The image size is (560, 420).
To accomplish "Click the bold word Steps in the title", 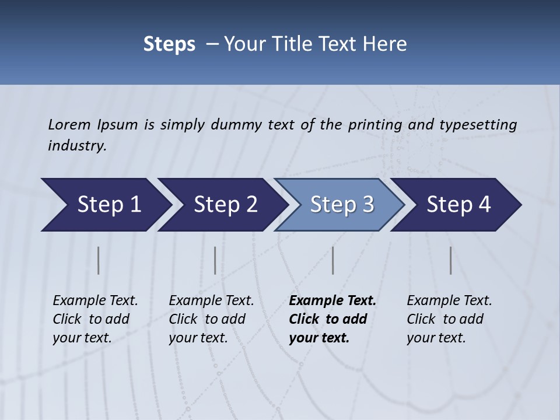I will click(x=169, y=44).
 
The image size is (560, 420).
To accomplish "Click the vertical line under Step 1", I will click(x=99, y=260).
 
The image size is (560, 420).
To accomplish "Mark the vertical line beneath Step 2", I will click(x=215, y=260).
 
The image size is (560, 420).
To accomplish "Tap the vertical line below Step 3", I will click(x=333, y=260).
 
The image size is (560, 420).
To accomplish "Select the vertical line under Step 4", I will click(x=451, y=260).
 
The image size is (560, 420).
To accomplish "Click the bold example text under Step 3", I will click(x=332, y=319).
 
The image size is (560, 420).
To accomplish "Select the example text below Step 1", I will click(x=95, y=319).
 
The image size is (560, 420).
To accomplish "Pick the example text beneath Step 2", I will click(x=211, y=319).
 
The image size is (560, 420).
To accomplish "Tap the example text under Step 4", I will click(x=449, y=319).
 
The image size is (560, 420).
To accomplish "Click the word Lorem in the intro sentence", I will click(x=69, y=125).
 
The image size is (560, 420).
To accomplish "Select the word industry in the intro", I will click(x=76, y=146).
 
